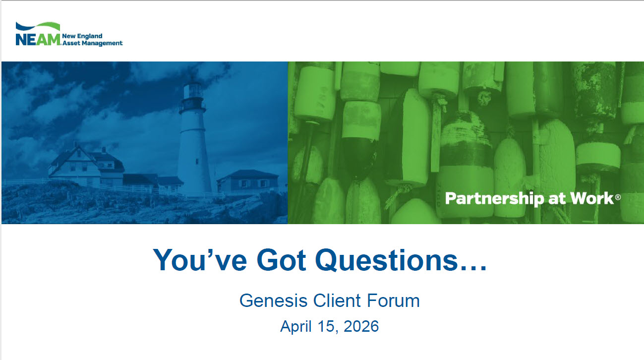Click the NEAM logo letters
(38, 39)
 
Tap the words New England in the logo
(82, 36)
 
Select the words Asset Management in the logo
(92, 43)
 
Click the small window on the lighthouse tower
(197, 161)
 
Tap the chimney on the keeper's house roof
(104, 150)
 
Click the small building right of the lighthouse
(248, 181)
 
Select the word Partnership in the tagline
(494, 199)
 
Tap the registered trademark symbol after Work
(618, 197)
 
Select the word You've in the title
(200, 260)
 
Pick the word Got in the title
(281, 260)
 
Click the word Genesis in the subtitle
(273, 301)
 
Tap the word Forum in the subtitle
(393, 301)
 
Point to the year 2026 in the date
(361, 326)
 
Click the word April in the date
(296, 327)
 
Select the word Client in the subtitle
(337, 301)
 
